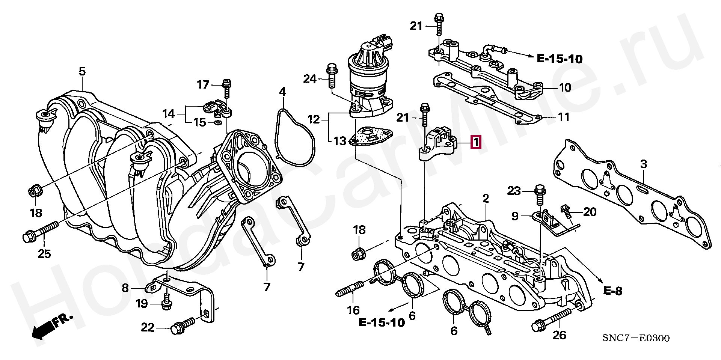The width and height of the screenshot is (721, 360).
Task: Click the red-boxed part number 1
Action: coord(475,142)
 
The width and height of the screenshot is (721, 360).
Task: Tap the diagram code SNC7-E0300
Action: coord(636,338)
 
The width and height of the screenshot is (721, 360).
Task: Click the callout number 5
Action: coord(82,71)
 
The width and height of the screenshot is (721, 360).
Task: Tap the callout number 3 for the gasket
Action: coord(644,164)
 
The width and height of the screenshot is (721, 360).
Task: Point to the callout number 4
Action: coord(282,92)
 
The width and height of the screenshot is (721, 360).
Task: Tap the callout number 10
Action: coord(565,87)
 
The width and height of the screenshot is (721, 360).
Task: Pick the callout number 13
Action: coord(340,141)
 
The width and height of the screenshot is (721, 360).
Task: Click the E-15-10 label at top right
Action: coord(559,59)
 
